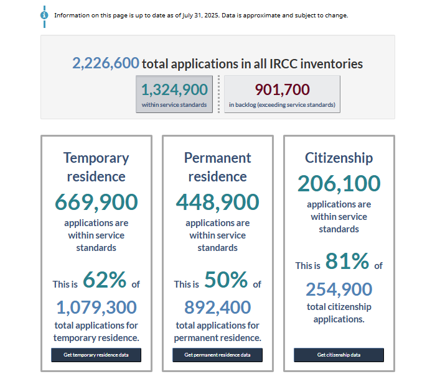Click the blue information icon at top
(x=44, y=15)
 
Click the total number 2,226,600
(x=105, y=63)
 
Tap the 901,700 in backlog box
(x=282, y=94)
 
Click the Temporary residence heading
(x=96, y=167)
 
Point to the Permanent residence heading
(x=217, y=167)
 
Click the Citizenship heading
(x=339, y=158)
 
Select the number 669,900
(x=96, y=202)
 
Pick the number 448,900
(x=217, y=202)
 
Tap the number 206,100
(x=339, y=183)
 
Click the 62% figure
(x=104, y=281)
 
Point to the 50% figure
(x=225, y=281)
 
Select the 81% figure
(x=347, y=262)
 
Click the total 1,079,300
(x=96, y=307)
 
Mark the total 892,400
(x=217, y=307)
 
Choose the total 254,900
(x=339, y=289)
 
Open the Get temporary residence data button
(x=96, y=355)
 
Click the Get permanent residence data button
(x=217, y=355)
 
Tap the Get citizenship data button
(x=339, y=355)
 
